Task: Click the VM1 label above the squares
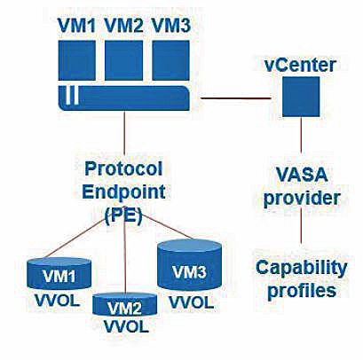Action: (x=76, y=26)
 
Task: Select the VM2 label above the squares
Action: (x=124, y=26)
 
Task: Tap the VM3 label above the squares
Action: (x=171, y=26)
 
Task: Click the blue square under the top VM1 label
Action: (x=77, y=60)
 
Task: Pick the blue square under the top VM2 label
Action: (x=124, y=60)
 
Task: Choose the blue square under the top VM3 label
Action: (x=170, y=60)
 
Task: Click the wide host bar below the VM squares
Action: (x=123, y=98)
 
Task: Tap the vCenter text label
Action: (x=301, y=65)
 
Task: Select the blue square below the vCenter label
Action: (x=301, y=97)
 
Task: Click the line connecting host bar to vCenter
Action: (x=236, y=98)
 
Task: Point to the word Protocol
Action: (x=123, y=168)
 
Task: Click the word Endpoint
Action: (x=123, y=192)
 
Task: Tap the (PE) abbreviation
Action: (x=123, y=216)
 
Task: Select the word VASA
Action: (x=302, y=175)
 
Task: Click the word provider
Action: (x=302, y=199)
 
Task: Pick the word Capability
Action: (x=302, y=269)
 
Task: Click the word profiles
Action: (x=302, y=291)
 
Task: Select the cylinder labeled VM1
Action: (x=59, y=274)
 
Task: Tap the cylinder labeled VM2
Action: (x=124, y=304)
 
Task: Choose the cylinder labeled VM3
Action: (x=189, y=265)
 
